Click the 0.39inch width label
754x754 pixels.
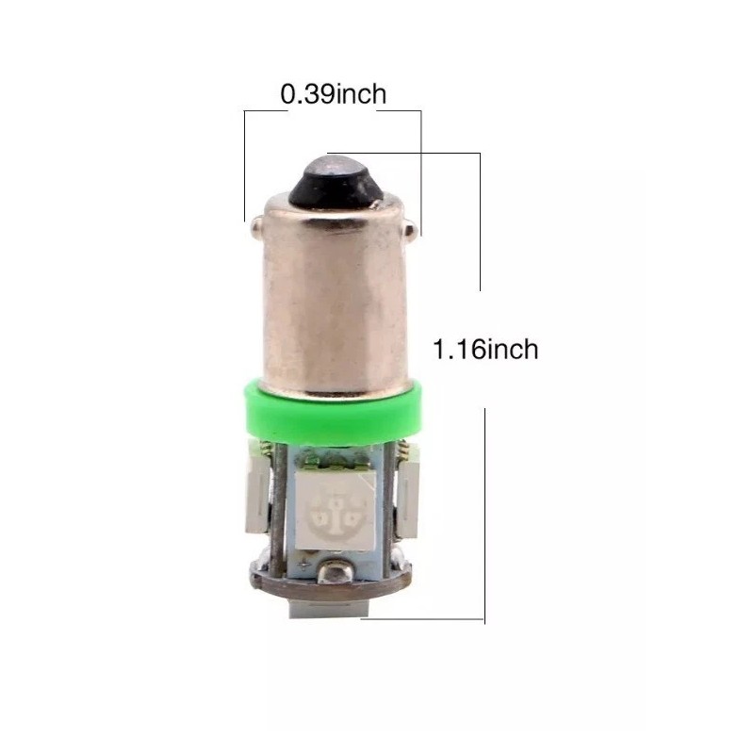tap(334, 94)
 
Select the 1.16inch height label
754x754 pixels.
tap(485, 350)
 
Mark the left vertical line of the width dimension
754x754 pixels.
tap(244, 165)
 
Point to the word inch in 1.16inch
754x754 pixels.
tap(510, 350)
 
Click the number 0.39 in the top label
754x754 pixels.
tap(308, 94)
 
